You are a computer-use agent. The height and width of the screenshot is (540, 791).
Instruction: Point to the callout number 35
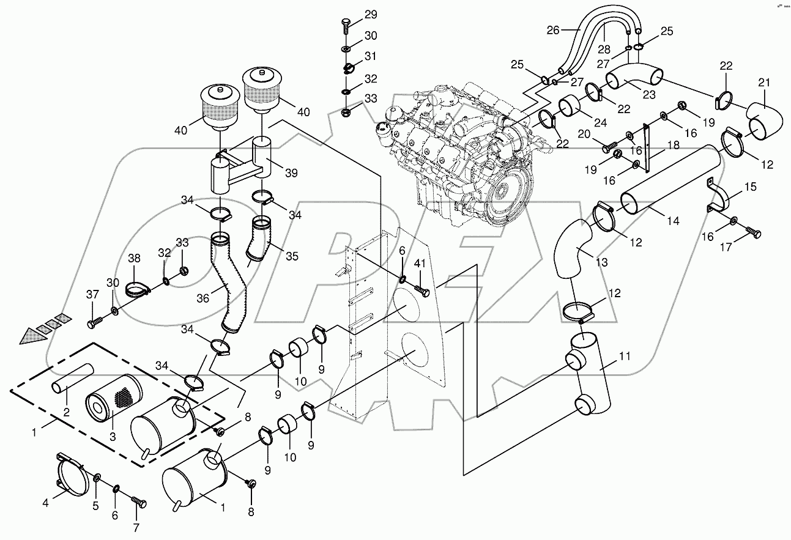tap(292, 256)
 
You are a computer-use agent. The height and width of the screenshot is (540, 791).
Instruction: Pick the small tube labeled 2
tap(72, 379)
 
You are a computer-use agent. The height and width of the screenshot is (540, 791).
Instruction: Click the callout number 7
tap(136, 527)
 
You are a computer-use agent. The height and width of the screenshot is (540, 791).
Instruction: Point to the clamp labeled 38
tap(135, 289)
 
